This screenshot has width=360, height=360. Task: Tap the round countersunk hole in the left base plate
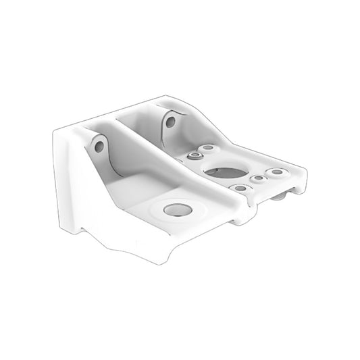177,210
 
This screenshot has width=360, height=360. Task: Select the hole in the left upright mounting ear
99,145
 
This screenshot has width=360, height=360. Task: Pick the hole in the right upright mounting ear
170,122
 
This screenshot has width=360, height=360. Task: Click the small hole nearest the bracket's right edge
276,172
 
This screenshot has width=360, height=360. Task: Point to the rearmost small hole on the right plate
208,147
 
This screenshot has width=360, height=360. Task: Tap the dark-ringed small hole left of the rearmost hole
194,155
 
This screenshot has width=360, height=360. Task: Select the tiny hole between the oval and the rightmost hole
258,178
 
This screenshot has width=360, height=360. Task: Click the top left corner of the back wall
58,134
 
